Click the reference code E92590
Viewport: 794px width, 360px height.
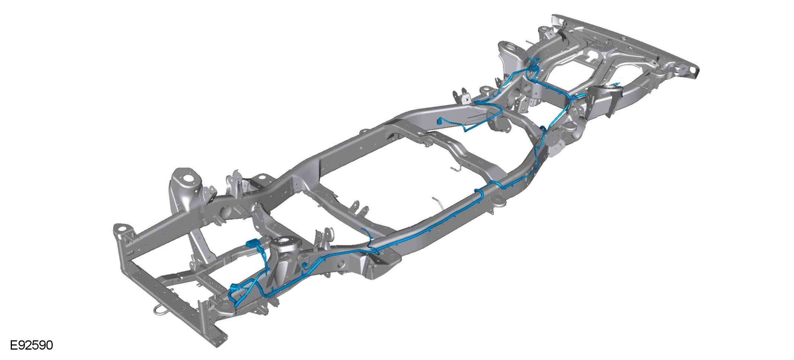(x=32, y=345)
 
